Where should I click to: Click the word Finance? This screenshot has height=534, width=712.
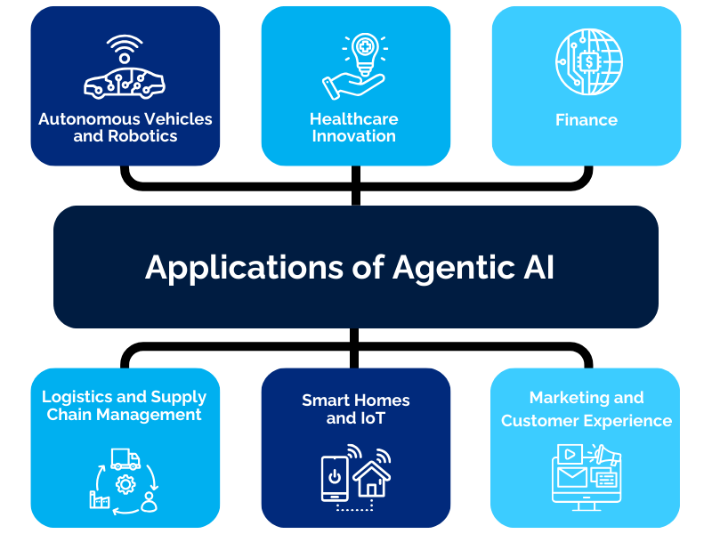click(587, 119)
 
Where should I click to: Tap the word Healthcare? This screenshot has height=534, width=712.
click(354, 118)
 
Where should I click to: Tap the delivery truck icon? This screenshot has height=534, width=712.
click(125, 459)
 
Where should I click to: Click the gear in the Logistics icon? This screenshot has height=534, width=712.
click(125, 485)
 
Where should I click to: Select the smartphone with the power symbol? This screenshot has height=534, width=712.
click(335, 481)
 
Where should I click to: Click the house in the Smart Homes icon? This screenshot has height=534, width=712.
click(372, 478)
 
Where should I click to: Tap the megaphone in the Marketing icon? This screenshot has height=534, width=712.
click(608, 455)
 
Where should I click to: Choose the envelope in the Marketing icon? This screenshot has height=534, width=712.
click(570, 477)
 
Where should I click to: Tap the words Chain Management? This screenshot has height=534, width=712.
click(125, 415)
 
